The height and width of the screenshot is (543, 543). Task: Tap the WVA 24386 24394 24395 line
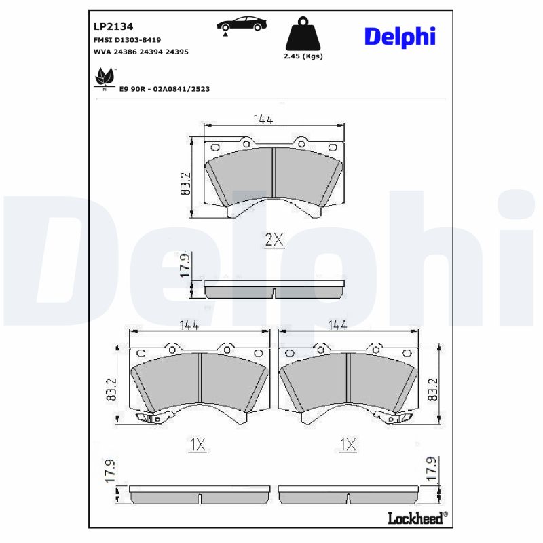[140, 51]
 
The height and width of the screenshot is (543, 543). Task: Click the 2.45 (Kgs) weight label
[303, 56]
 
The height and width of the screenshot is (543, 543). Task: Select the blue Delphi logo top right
[400, 36]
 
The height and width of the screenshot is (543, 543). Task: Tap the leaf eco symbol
[104, 77]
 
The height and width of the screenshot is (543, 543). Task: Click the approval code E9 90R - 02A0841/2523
[164, 89]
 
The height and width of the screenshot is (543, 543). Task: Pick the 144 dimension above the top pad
[263, 119]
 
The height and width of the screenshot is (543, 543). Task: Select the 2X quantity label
[273, 239]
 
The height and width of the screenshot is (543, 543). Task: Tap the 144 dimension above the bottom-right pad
[337, 325]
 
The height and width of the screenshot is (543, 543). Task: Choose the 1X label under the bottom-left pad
[197, 445]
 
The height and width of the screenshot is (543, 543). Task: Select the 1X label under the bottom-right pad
[348, 445]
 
